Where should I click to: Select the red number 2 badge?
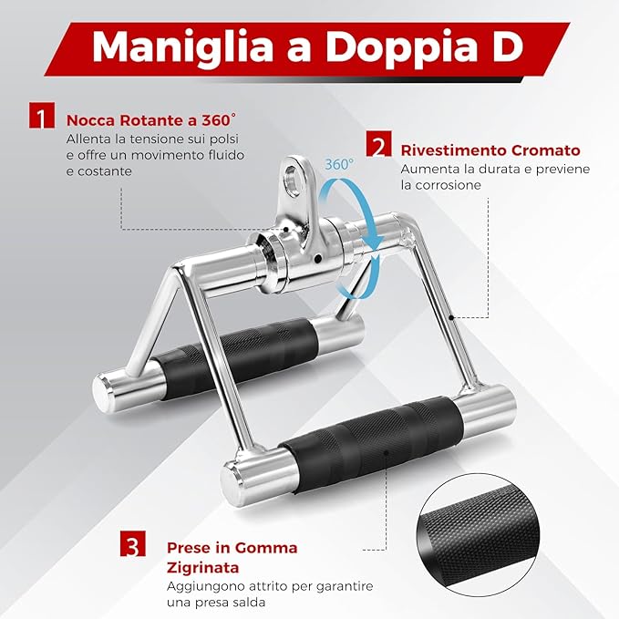(377, 146)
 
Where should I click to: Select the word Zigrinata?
(200, 565)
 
